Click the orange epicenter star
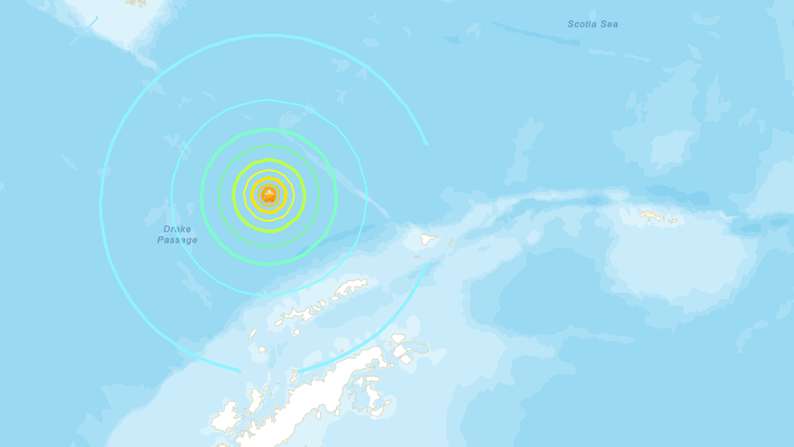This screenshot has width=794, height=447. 269,195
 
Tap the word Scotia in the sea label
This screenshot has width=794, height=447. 582,25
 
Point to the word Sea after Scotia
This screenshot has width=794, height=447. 609,25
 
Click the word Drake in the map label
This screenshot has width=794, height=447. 177,230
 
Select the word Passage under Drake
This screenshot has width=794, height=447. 177,240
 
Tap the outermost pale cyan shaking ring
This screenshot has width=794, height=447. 101,205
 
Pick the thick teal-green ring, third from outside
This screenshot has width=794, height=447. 269,129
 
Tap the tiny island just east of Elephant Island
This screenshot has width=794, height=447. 451,243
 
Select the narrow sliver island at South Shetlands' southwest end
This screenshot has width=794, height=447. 252,334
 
